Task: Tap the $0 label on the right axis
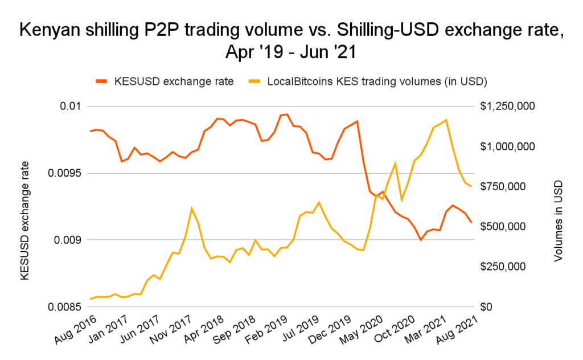489,306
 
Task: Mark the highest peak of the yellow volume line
446,120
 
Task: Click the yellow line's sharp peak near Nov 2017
192,208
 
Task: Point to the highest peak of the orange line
287,114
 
